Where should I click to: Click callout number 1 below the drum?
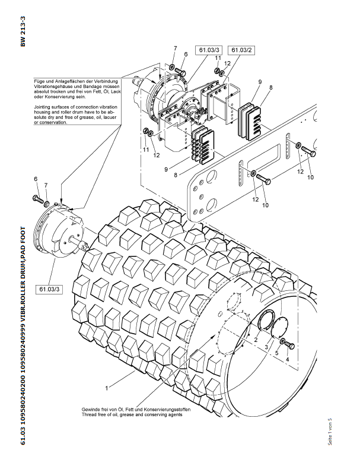pyautogui.click(x=106, y=388)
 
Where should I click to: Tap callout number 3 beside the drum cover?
pyautogui.click(x=266, y=346)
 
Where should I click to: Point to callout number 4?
pyautogui.click(x=288, y=360)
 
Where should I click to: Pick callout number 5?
pyautogui.click(x=276, y=353)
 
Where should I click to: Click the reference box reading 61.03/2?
pyautogui.click(x=242, y=50)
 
